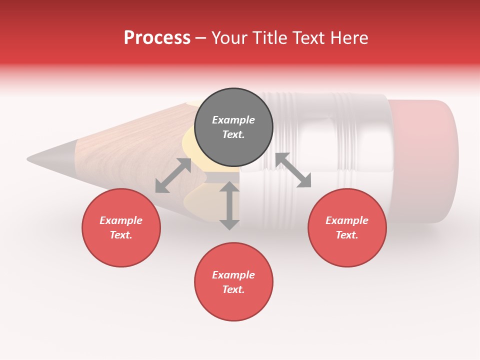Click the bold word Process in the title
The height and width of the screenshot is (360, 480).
click(157, 38)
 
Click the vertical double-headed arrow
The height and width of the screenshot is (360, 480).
click(229, 205)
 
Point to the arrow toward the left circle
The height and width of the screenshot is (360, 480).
click(173, 175)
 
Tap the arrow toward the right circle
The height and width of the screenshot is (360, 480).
click(293, 170)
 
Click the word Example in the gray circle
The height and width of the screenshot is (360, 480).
click(233, 120)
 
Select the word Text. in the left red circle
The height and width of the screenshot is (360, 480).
click(121, 235)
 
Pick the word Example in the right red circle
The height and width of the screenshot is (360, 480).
click(347, 220)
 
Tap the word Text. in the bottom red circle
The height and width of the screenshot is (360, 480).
click(233, 289)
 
